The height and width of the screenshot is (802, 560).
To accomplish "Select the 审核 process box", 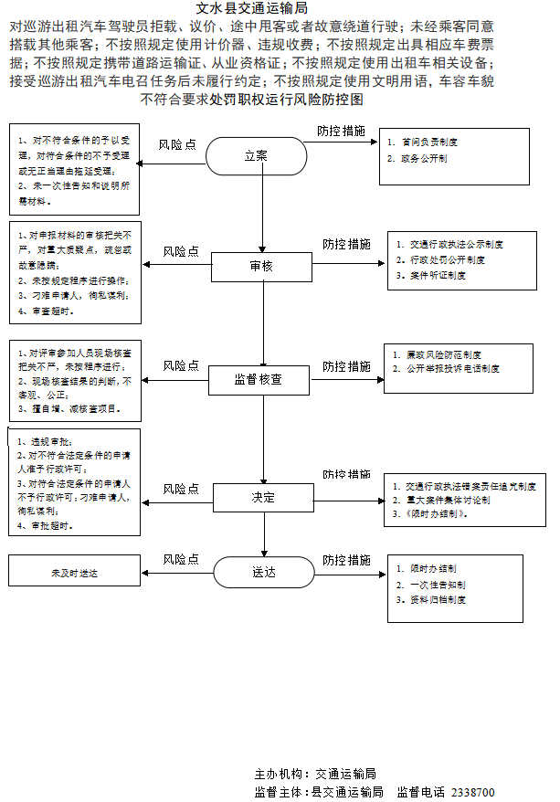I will (x=261, y=266).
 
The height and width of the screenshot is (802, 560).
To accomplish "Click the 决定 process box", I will (x=263, y=498).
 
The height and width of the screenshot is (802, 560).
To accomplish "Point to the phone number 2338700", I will (x=473, y=791).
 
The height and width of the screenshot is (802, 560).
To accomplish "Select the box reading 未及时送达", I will (x=75, y=573).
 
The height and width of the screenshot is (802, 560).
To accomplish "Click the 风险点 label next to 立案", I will (x=177, y=144).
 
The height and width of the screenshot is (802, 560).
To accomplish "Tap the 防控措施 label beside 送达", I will (x=347, y=559).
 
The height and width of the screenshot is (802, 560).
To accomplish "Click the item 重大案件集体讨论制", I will (x=448, y=501).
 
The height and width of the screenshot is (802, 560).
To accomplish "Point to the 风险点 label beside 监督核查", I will (x=181, y=365).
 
